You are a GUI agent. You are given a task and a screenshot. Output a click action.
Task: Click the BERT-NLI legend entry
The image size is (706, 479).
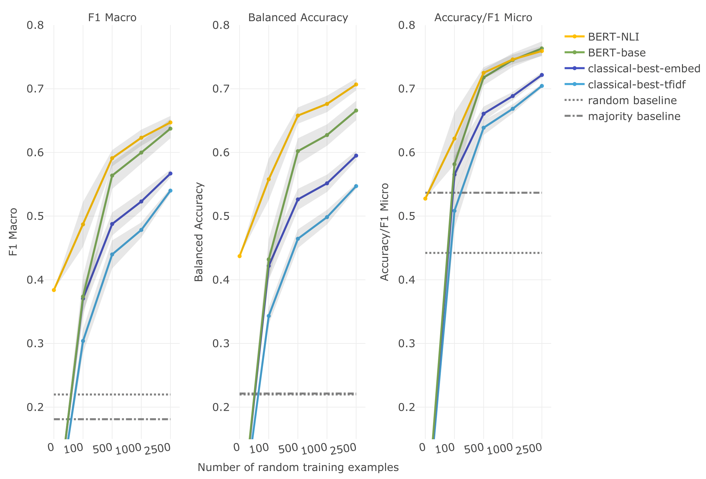point(613,37)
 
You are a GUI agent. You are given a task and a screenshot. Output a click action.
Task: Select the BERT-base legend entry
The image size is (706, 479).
point(617,53)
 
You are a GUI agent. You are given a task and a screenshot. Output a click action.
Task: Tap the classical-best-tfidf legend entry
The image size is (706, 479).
point(636,85)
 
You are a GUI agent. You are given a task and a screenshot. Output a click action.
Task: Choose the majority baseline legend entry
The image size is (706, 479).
point(634,116)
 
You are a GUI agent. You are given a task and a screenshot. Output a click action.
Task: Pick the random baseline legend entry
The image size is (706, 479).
point(632,101)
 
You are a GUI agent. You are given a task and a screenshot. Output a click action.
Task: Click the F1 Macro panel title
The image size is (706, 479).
point(112,17)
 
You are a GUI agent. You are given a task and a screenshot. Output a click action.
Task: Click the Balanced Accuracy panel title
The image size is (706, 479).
point(298,17)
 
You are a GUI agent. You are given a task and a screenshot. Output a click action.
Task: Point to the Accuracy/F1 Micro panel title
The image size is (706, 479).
point(483,17)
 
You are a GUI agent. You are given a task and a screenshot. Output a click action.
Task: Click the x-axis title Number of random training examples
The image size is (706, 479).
point(298,467)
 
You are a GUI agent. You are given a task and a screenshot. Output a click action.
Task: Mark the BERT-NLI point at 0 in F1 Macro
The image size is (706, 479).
point(54,290)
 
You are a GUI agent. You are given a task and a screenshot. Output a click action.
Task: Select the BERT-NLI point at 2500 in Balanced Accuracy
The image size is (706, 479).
point(356,85)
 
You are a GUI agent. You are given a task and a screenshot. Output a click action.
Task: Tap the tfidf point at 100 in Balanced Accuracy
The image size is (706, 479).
point(269,316)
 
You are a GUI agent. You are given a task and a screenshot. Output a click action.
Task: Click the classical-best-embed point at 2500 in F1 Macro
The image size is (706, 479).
point(170,174)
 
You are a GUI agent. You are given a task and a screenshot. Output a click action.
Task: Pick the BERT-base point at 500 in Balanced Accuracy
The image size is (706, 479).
point(298,151)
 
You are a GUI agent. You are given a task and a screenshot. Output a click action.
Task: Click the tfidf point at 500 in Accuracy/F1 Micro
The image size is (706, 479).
point(484,128)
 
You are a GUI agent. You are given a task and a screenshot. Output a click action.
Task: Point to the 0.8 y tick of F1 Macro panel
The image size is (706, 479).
point(35,25)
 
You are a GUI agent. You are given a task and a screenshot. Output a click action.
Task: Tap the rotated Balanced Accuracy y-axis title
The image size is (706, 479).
point(199,232)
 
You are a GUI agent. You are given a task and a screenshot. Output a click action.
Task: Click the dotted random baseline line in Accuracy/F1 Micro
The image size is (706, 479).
point(497,253)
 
